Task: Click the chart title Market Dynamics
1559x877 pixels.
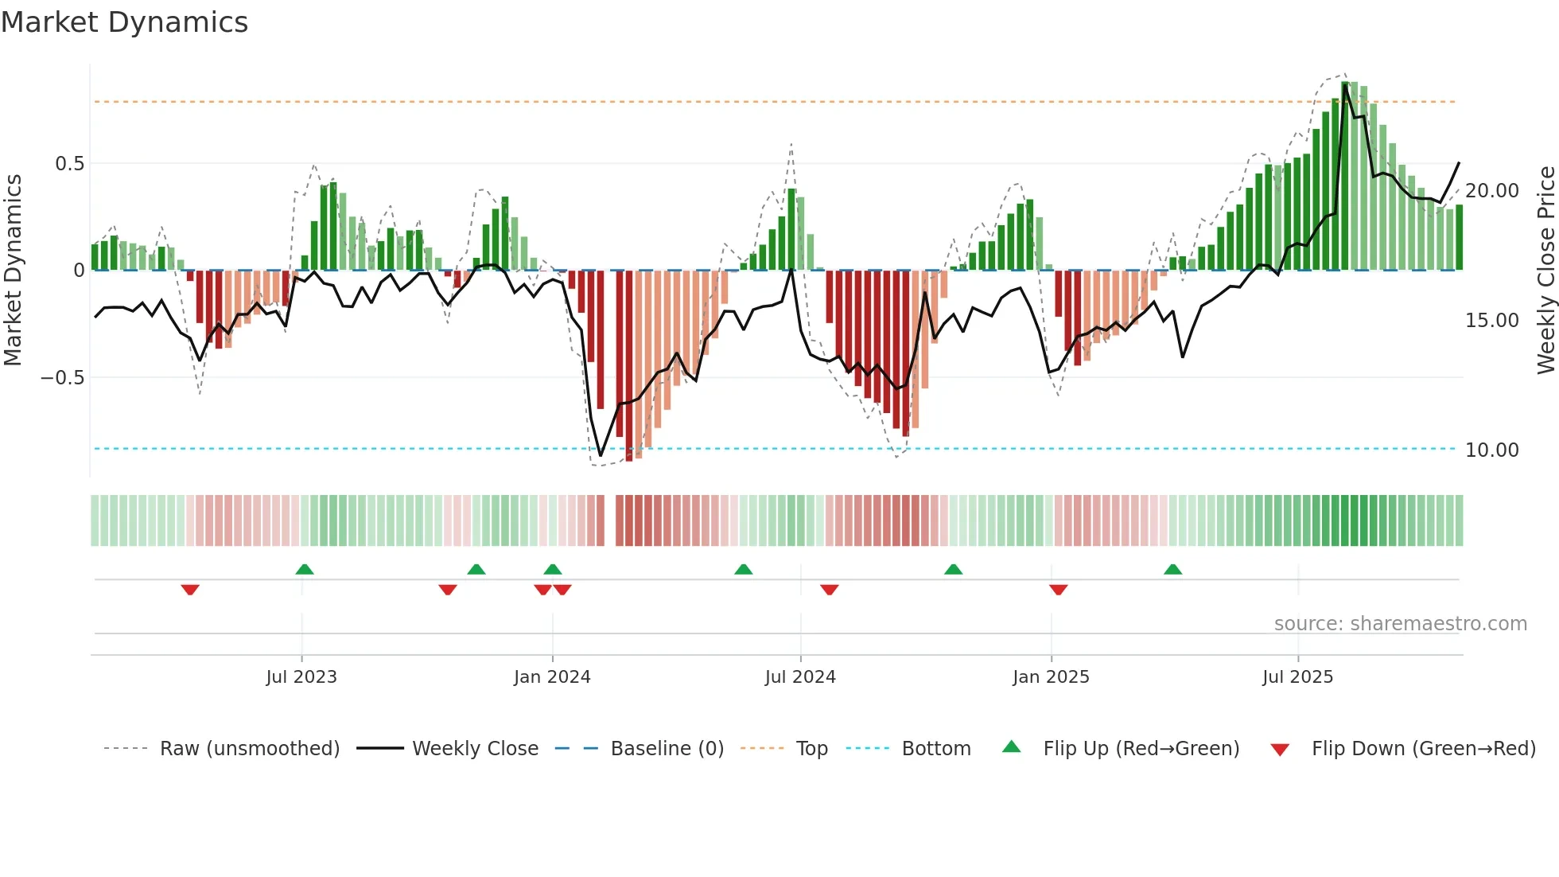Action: point(124,22)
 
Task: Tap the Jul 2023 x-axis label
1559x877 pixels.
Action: point(301,677)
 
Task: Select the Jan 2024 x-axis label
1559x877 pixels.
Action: point(552,677)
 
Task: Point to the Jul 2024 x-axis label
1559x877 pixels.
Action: point(800,677)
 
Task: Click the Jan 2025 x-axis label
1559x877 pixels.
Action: point(1051,677)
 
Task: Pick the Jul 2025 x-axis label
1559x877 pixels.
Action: point(1297,677)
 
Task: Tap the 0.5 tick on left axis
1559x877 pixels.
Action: point(69,164)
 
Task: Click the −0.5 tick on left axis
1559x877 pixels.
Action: point(63,378)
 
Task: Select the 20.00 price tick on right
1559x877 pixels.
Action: point(1492,191)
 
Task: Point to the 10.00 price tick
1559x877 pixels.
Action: point(1492,450)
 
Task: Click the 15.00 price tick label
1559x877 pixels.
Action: point(1492,321)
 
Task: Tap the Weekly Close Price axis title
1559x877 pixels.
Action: point(1545,271)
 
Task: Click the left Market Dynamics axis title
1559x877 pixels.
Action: point(13,271)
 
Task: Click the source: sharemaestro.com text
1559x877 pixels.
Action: point(1400,624)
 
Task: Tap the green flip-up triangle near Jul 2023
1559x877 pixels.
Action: point(305,569)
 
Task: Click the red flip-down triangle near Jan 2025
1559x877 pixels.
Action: point(1058,590)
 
